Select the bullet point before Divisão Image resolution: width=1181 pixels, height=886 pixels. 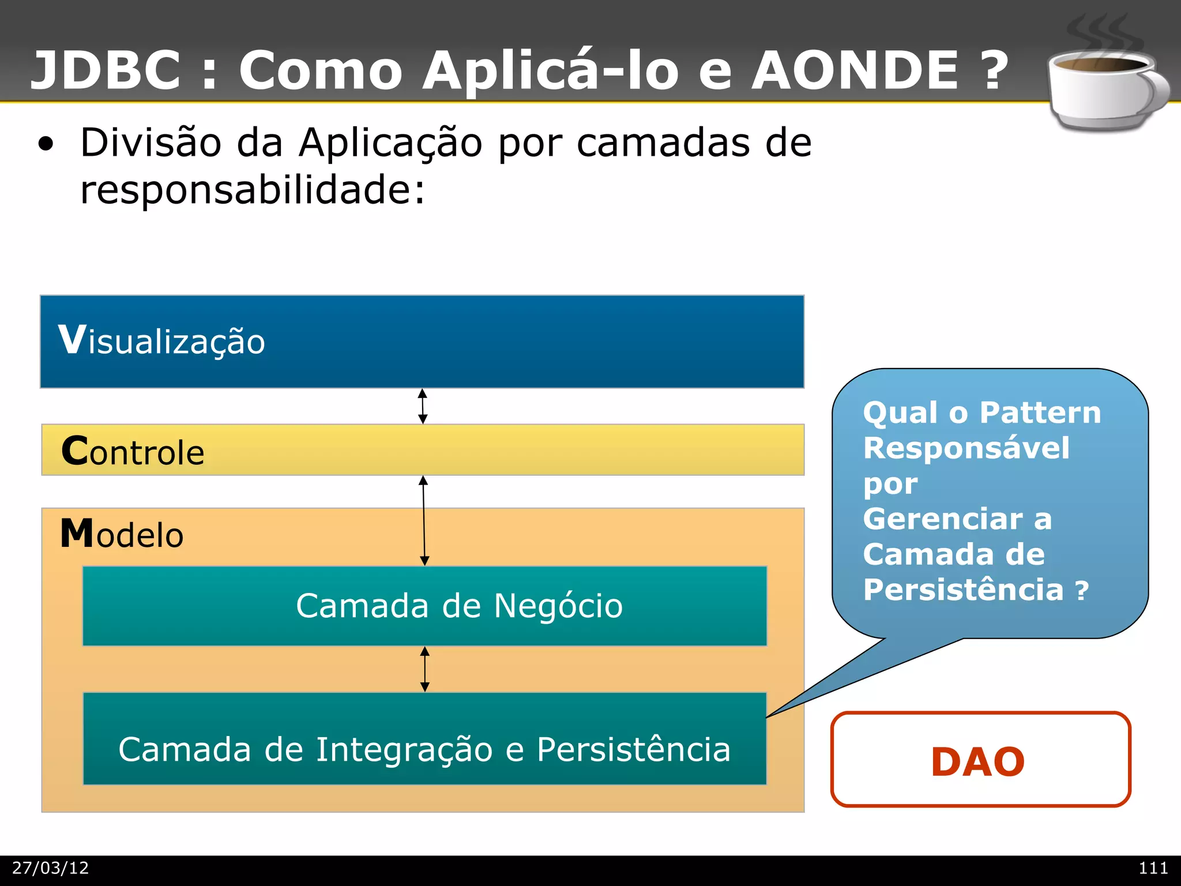point(46,145)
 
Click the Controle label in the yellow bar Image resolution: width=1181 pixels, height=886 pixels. point(133,451)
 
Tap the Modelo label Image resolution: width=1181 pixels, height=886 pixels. point(122,534)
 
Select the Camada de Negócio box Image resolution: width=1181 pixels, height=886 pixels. point(424,606)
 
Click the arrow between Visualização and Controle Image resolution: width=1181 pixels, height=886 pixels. point(423,406)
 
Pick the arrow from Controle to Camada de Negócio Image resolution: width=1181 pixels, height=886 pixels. point(424,520)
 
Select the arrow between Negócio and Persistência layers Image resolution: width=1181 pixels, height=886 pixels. point(425,669)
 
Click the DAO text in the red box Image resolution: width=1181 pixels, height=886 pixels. point(978,761)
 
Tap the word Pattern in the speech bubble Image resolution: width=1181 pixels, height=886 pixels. point(1040,413)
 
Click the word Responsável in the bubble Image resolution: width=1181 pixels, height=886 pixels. point(966,448)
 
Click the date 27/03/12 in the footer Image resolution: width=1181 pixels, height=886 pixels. point(51,868)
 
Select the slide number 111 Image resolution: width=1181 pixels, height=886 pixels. point(1153,868)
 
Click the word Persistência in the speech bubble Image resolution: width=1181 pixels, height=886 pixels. point(963,590)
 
